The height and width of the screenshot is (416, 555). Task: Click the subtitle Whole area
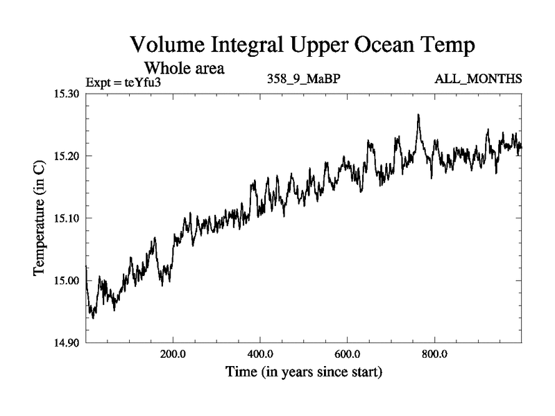pos(184,69)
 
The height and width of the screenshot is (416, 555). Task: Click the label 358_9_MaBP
pos(303,80)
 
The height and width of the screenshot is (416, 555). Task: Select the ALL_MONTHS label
pos(478,80)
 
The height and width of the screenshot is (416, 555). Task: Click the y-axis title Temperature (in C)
pos(40,218)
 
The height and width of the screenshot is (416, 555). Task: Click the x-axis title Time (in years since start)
pos(304,372)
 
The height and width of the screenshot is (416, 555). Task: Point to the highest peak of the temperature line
pos(418,115)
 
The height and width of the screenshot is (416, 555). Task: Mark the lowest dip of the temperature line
pos(93,318)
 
